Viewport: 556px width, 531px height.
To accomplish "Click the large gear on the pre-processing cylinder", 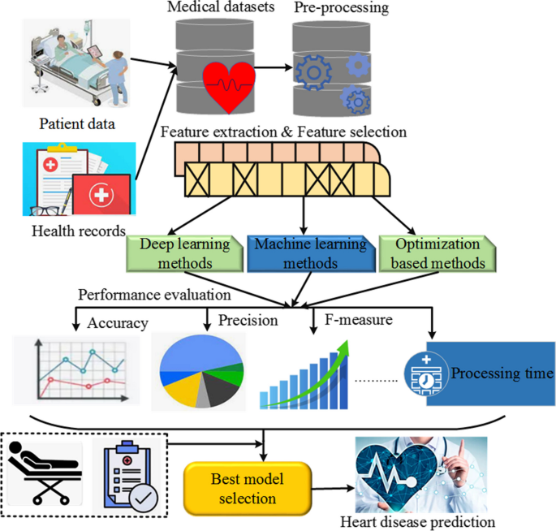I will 312,69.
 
